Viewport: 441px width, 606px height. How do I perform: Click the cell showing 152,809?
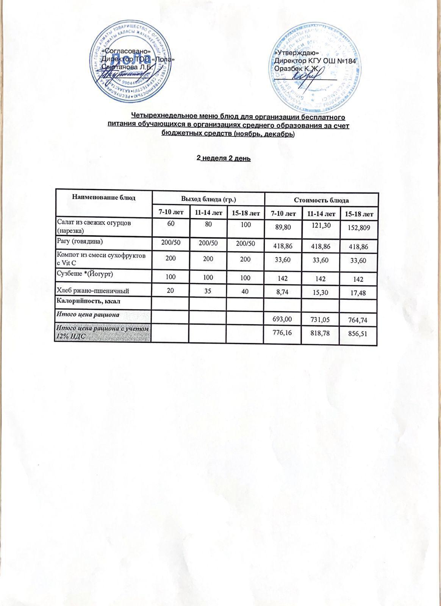tap(358, 227)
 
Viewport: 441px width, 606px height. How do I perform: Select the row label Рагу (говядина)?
tap(80, 241)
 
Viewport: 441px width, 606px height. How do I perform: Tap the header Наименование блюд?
tap(103, 197)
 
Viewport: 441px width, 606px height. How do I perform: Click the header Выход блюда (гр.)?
tap(208, 199)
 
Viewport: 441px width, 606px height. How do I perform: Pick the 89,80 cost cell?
tap(283, 226)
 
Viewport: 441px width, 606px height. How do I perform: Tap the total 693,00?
tap(282, 319)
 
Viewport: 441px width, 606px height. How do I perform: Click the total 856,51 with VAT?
tap(358, 334)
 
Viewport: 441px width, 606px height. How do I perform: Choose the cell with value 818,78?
tap(321, 334)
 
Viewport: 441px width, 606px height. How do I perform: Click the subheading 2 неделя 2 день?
tap(224, 158)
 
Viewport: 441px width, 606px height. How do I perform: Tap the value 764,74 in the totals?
tap(358, 320)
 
